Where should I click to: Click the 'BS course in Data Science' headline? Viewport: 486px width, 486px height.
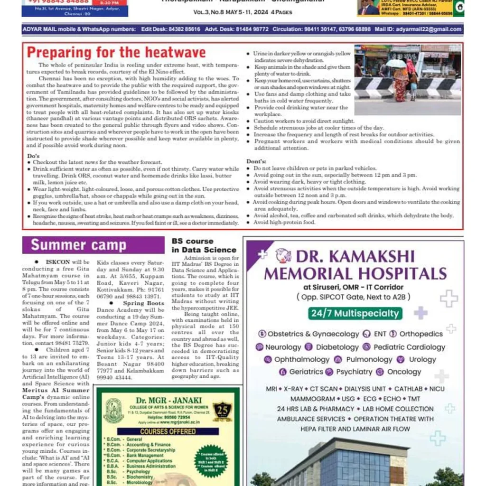[x=204, y=245]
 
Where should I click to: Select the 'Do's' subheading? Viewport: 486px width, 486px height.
[x=33, y=156]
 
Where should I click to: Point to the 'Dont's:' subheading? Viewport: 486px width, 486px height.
[x=256, y=162]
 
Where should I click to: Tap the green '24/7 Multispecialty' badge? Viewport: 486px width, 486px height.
[x=355, y=313]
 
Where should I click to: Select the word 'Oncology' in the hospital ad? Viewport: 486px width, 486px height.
[x=404, y=372]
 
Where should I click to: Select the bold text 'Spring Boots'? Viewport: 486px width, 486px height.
[x=143, y=303]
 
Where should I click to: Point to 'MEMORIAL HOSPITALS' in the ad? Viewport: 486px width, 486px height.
[x=355, y=274]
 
